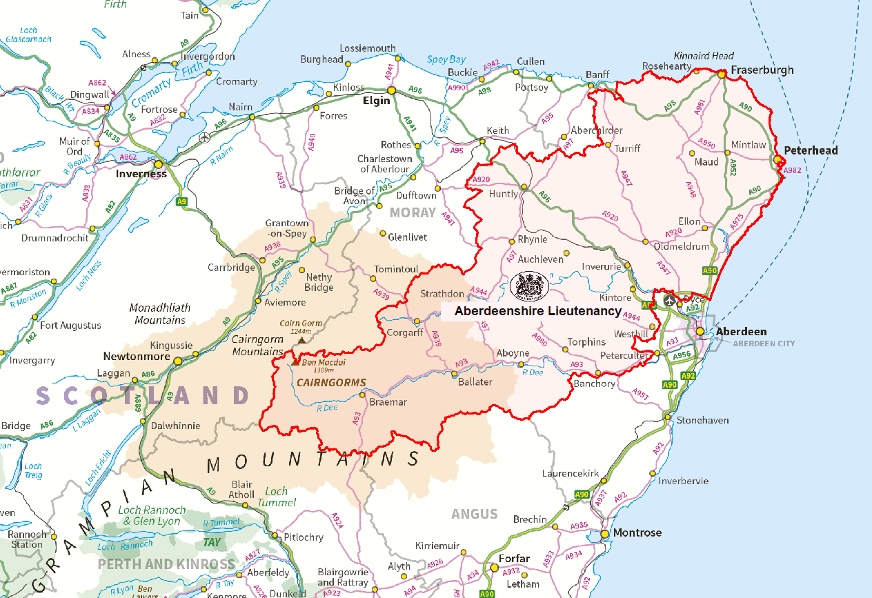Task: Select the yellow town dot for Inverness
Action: coord(159,164)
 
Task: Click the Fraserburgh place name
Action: coord(762,70)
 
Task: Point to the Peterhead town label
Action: coord(811,150)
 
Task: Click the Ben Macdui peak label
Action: coord(323,362)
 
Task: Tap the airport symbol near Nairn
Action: coord(204,137)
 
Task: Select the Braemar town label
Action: coord(388,402)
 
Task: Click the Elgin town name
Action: coord(377,101)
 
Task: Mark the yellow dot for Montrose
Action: coord(605,533)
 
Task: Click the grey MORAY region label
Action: coord(414,212)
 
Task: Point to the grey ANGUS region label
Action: coord(475,514)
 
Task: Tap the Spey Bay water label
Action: coord(446,60)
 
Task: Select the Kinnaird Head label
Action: coord(704,56)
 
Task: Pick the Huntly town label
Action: coord(503,194)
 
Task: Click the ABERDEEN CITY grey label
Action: coord(764,343)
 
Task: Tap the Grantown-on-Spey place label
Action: coord(288,228)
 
